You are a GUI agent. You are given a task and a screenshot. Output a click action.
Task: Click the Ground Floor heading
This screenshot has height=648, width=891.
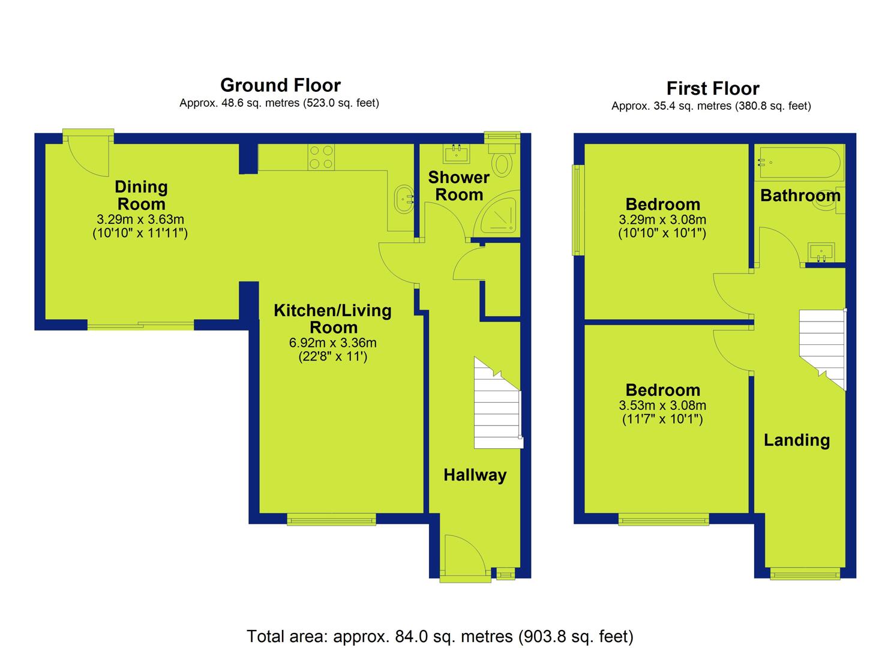pos(280,85)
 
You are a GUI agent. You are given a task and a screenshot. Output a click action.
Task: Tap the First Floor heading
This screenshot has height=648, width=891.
pos(713,88)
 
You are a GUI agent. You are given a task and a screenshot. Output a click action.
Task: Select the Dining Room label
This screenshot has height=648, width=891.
pos(141,196)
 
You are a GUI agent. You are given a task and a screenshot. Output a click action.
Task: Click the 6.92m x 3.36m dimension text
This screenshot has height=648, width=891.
pos(332,343)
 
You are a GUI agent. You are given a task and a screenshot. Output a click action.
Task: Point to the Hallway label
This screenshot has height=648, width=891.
pos(475,475)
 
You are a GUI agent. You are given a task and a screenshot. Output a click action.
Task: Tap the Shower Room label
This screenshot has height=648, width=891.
pos(458,186)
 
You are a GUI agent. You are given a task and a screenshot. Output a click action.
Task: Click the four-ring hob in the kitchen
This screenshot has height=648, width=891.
pos(321,157)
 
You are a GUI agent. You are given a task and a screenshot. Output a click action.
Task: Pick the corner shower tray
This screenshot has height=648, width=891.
pos(499,215)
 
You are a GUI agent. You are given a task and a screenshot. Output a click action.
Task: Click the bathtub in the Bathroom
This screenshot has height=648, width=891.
pos(800,163)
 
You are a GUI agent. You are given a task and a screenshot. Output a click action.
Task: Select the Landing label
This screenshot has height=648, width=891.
pos(797,440)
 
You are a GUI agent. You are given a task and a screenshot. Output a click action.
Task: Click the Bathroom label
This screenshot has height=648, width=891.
pos(800,196)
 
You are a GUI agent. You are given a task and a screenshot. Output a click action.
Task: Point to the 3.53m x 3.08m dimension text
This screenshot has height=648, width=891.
pos(662,406)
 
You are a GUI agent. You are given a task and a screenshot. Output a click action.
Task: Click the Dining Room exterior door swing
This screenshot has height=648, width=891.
pos(88,155)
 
